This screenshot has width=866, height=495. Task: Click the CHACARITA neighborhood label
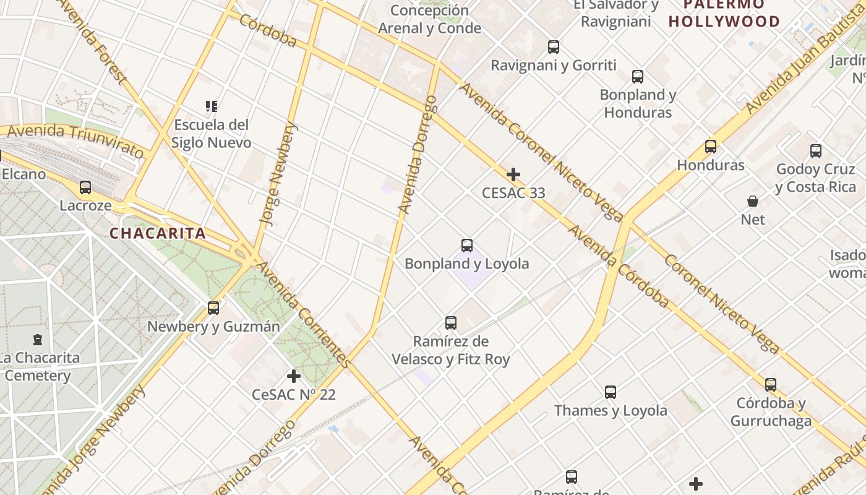pyautogui.click(x=158, y=233)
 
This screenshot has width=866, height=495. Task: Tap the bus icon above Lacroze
pyautogui.click(x=85, y=187)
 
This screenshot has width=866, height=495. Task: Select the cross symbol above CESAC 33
pyautogui.click(x=513, y=174)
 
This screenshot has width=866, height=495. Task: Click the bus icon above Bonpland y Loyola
pyautogui.click(x=467, y=246)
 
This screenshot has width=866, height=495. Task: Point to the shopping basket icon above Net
pyautogui.click(x=753, y=201)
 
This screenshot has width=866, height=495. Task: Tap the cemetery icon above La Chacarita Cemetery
pyautogui.click(x=38, y=339)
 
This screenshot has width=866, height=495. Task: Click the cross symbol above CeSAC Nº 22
pyautogui.click(x=294, y=376)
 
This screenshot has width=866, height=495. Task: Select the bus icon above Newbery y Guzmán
pyautogui.click(x=213, y=308)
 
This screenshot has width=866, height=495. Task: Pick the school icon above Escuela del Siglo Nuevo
pyautogui.click(x=212, y=106)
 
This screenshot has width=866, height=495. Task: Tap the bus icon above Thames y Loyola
pyautogui.click(x=611, y=392)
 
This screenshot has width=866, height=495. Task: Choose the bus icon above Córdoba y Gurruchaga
pyautogui.click(x=771, y=384)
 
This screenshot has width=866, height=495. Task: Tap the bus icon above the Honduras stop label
pyautogui.click(x=711, y=147)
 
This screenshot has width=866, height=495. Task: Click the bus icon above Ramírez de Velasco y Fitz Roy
pyautogui.click(x=451, y=322)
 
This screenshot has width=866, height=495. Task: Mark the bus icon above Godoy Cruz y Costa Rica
pyautogui.click(x=816, y=150)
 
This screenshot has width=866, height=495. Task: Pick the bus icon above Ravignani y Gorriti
pyautogui.click(x=554, y=46)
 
